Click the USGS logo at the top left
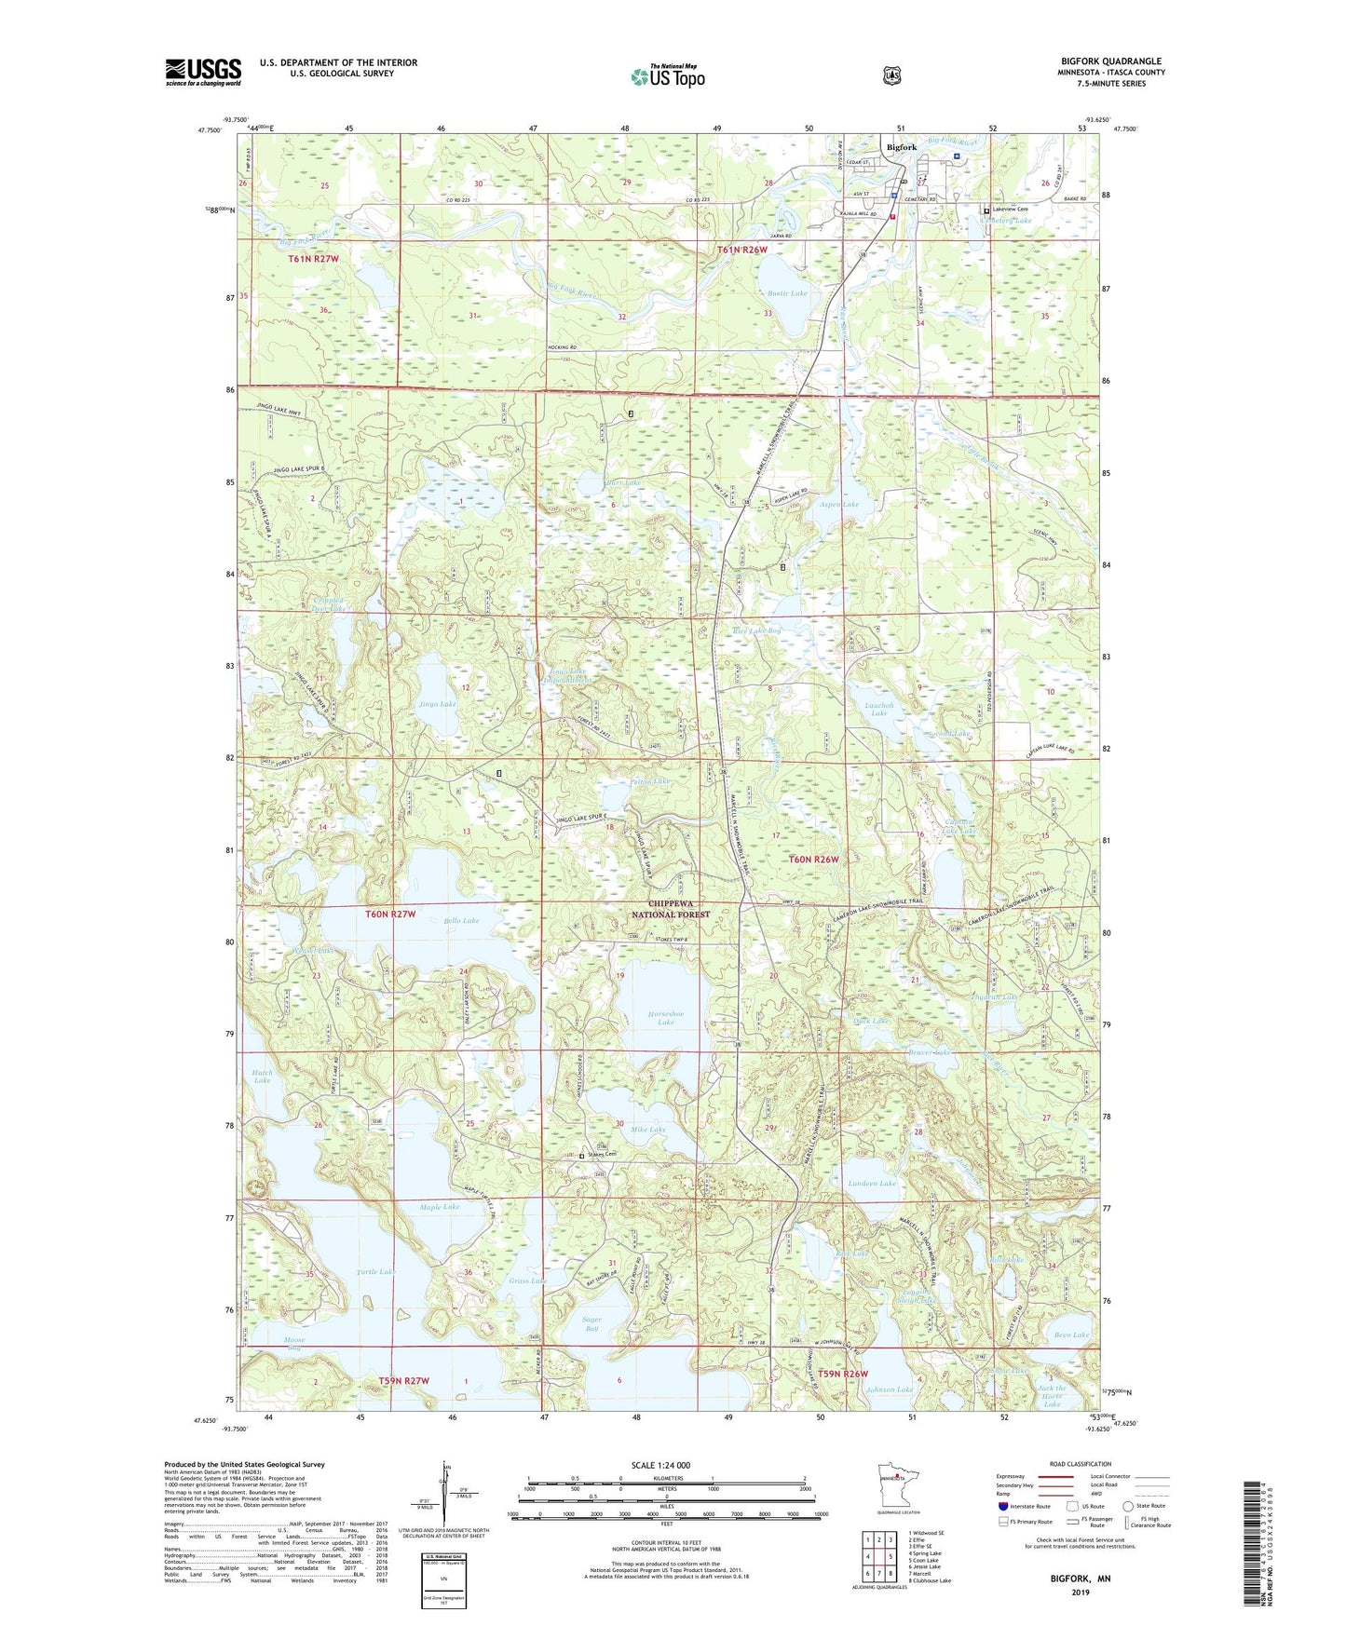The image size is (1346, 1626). coord(203,72)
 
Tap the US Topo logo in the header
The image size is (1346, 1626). coord(667,76)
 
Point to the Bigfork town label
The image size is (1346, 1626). coord(901,147)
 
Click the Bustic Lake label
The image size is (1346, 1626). coord(787,293)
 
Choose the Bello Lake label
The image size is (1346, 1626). coord(461,920)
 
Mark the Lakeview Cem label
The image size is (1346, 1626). coord(1010,210)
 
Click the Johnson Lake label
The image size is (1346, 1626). coord(890,1389)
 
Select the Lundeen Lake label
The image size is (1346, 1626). coord(873,1183)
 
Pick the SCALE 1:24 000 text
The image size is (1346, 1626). coord(660,1465)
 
